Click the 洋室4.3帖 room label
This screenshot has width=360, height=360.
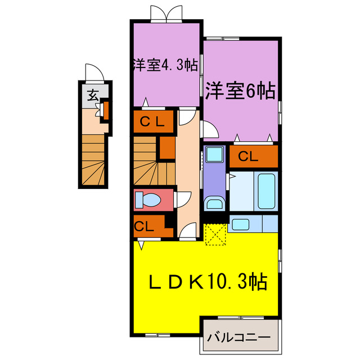coord(165,65)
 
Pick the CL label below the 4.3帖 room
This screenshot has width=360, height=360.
coord(151,120)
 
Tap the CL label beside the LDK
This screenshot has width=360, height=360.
coord(143,227)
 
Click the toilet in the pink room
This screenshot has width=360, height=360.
coord(152,200)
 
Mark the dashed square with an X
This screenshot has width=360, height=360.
coord(215,233)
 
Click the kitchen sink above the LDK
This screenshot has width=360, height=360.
coord(243,223)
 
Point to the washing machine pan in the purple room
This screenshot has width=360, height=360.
coord(214,155)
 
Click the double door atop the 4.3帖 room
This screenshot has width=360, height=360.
coord(166,13)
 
